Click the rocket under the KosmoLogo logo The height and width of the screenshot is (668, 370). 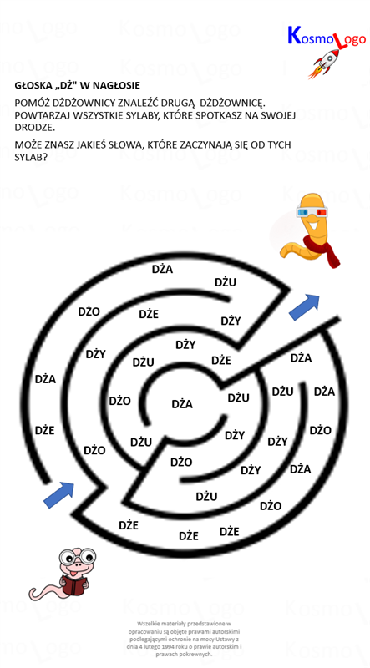(x=326, y=63)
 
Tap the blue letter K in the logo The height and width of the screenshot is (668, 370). (x=295, y=36)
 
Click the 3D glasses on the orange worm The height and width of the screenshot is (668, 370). (x=312, y=211)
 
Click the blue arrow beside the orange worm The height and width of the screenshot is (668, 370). (x=304, y=306)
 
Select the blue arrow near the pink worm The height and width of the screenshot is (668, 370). (x=58, y=494)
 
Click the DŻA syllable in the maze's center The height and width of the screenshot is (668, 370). (x=182, y=404)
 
